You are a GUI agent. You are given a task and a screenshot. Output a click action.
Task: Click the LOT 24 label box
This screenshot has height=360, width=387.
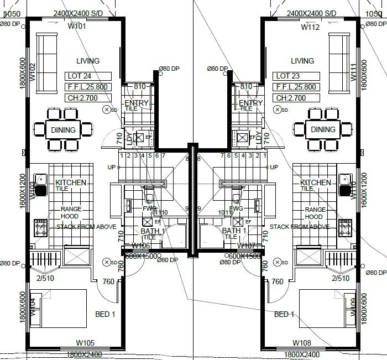point(87,76)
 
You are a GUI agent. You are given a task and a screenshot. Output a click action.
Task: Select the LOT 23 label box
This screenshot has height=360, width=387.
point(296,76)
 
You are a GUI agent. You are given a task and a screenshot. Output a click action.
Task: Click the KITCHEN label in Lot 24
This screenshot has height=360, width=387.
point(70,182)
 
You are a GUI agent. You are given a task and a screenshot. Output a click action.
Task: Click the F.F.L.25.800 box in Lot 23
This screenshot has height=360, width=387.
point(296,87)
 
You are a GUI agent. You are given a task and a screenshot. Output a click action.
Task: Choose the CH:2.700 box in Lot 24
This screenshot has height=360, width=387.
point(87,98)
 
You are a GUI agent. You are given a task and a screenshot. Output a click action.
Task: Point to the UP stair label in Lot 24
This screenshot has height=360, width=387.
point(112,167)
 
